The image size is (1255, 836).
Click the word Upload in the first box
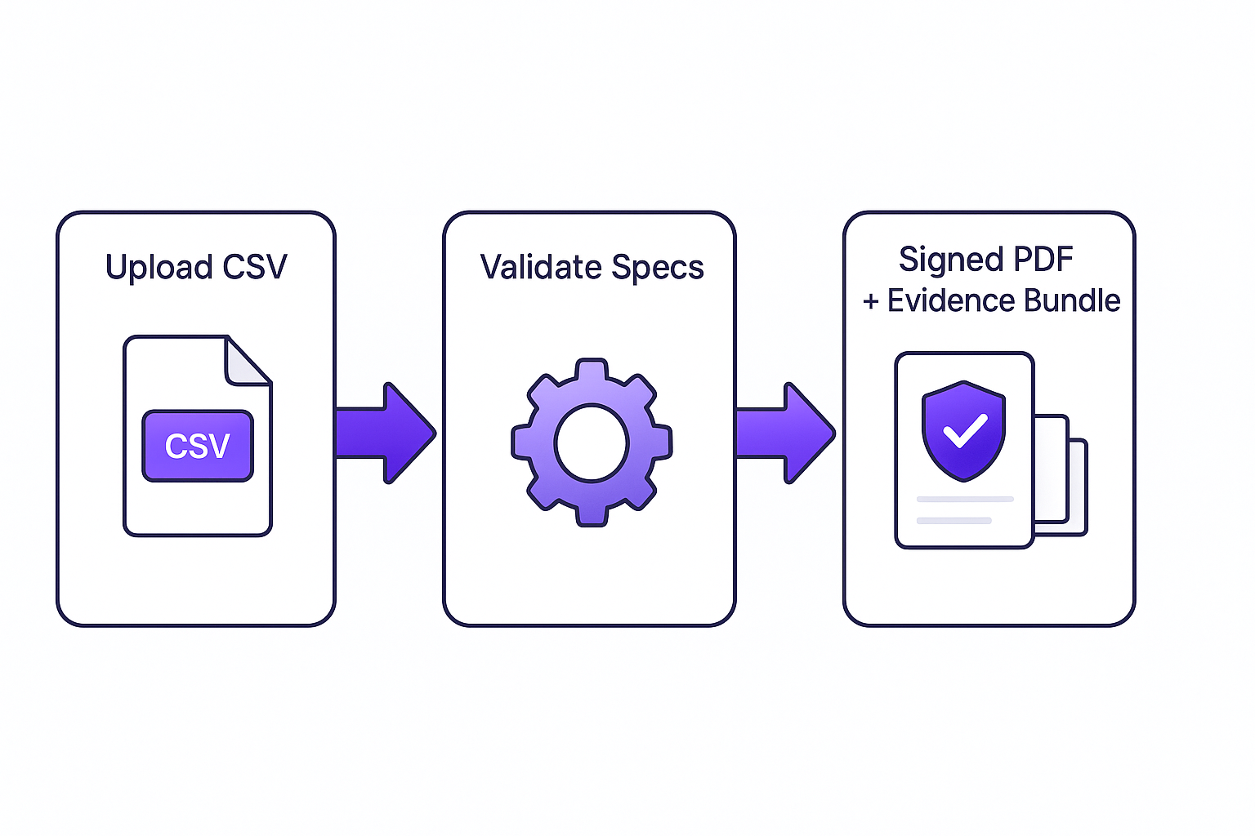coord(159,268)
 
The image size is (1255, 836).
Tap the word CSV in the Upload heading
coord(255,268)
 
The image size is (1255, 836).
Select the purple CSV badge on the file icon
coord(198,446)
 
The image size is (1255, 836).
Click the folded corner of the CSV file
coord(247,362)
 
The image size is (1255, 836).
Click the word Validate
coord(541,268)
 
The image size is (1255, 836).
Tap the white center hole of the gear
coord(591,443)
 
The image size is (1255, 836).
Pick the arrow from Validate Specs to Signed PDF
coord(784,433)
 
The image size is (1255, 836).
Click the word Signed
coord(950,260)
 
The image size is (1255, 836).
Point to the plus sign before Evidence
coord(871,302)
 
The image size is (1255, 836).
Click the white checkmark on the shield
coord(965,429)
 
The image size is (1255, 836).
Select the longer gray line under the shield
coord(965,499)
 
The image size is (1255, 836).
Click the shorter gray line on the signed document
coord(954,520)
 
